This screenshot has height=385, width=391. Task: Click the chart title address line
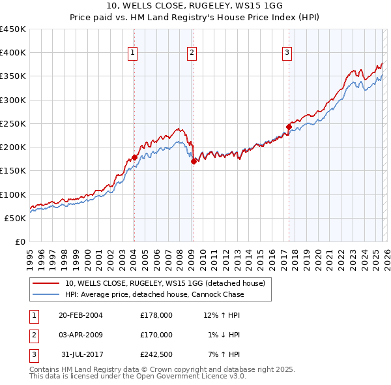tap(195, 7)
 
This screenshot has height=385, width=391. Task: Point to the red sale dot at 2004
tap(134, 157)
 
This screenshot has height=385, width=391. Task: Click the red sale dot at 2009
tap(194, 161)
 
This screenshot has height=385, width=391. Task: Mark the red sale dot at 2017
tap(289, 127)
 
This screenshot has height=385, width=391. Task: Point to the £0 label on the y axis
tap(20, 241)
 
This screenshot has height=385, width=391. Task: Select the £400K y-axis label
tap(13, 53)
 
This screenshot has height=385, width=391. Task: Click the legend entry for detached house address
tap(164, 284)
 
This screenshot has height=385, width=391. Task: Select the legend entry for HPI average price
tap(154, 294)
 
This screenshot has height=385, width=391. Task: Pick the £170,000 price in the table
tap(156, 335)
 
